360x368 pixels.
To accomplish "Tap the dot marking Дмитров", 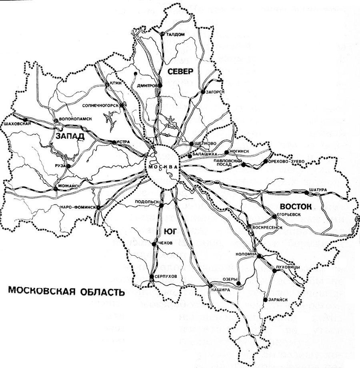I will tap(160, 86).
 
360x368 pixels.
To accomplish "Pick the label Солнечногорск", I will tap(100, 106).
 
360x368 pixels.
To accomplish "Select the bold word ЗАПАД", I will tap(70, 136).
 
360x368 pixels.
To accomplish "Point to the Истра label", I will tap(123, 142).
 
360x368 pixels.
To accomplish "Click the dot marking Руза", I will tap(69, 166).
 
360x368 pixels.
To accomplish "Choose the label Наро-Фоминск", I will tap(77, 207).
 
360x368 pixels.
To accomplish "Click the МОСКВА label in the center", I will tap(162, 166).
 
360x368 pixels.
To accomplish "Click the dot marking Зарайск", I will tap(265, 299).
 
